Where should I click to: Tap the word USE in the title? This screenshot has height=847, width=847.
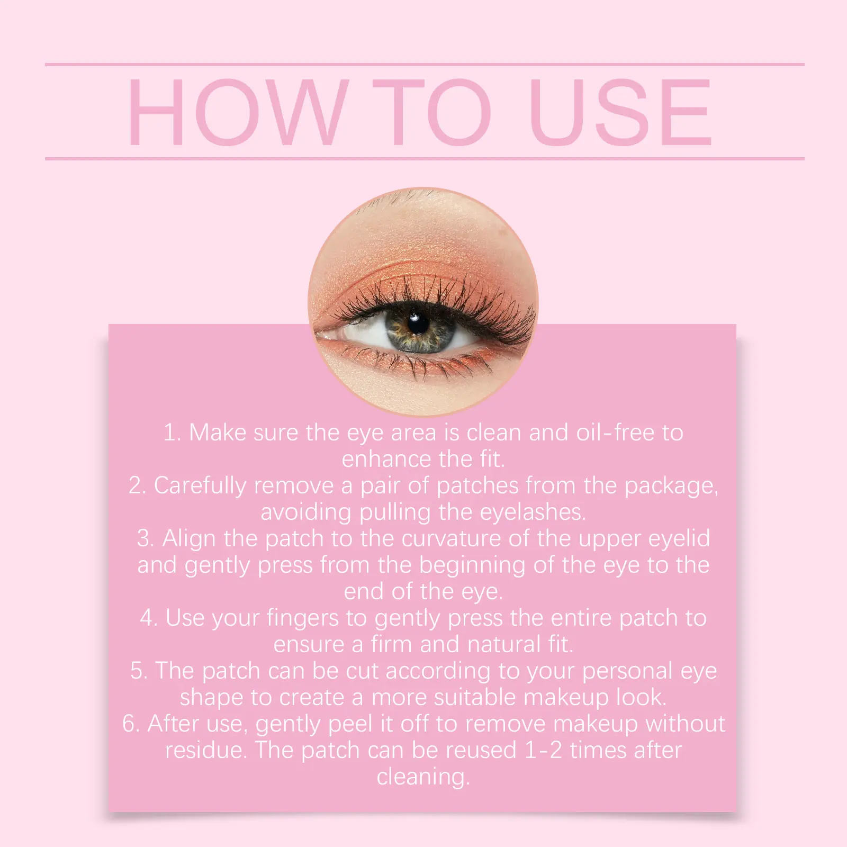[x=620, y=112]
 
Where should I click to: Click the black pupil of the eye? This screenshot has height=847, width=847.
[x=419, y=323]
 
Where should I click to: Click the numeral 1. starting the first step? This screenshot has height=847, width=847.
[x=173, y=433]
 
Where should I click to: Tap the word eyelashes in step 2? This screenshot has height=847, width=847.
[x=533, y=512]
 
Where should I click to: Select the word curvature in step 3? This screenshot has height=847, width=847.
[x=452, y=539]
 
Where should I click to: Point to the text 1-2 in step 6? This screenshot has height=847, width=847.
[x=543, y=751]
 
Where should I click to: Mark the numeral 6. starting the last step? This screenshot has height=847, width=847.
[x=131, y=724]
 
